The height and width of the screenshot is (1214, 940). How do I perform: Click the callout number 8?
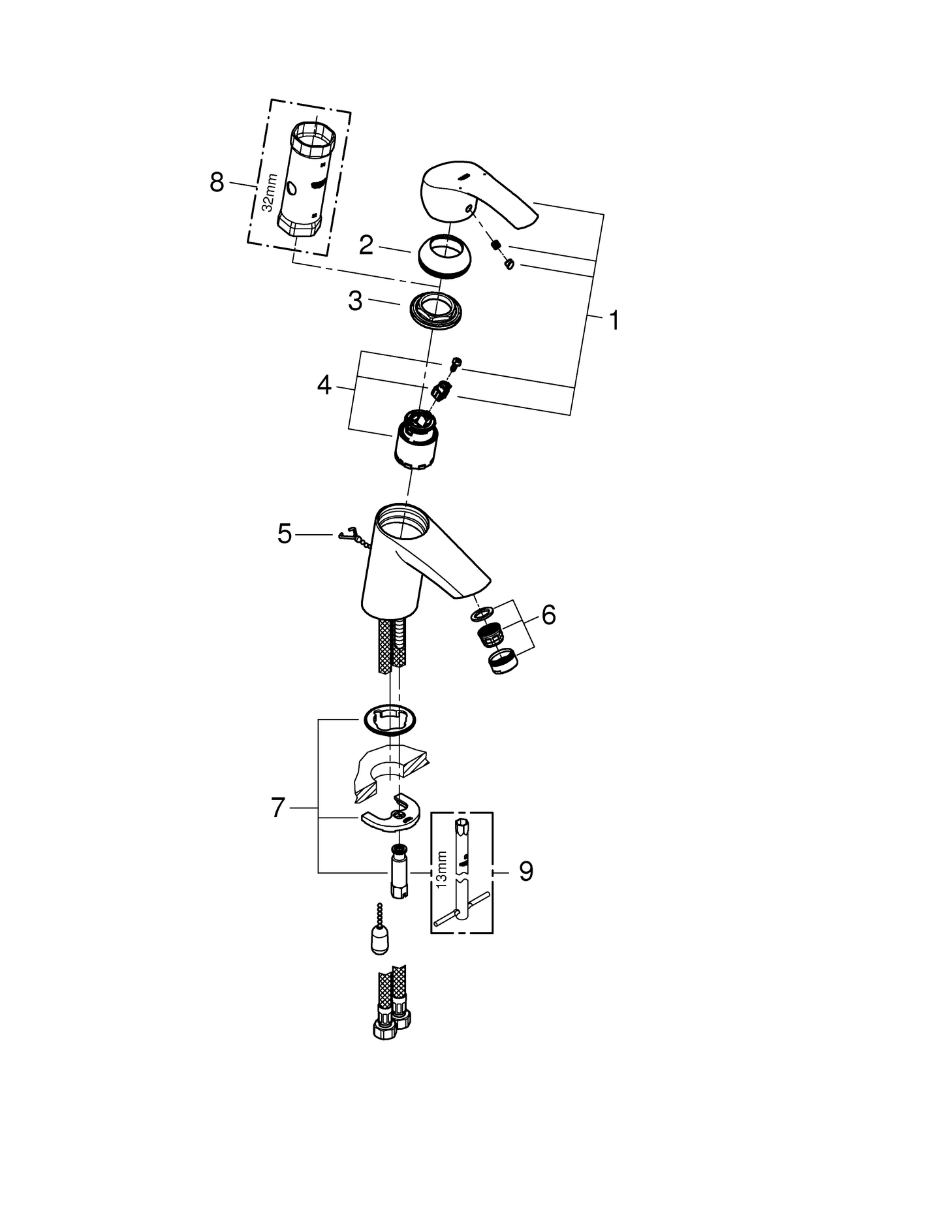217,182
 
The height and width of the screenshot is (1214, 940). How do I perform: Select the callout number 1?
613,321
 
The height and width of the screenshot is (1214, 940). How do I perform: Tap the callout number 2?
366,246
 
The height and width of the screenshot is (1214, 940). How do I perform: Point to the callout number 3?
354,301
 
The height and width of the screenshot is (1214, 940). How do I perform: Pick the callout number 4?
324,386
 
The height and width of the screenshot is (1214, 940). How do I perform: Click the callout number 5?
285,534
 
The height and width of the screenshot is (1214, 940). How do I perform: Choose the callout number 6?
548,615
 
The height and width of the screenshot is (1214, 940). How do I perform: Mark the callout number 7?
278,808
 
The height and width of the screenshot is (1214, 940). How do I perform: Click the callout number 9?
526,871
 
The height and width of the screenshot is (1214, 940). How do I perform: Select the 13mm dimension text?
442,869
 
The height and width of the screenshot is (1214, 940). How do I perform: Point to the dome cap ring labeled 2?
446,257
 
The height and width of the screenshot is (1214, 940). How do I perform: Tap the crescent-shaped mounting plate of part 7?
390,817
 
